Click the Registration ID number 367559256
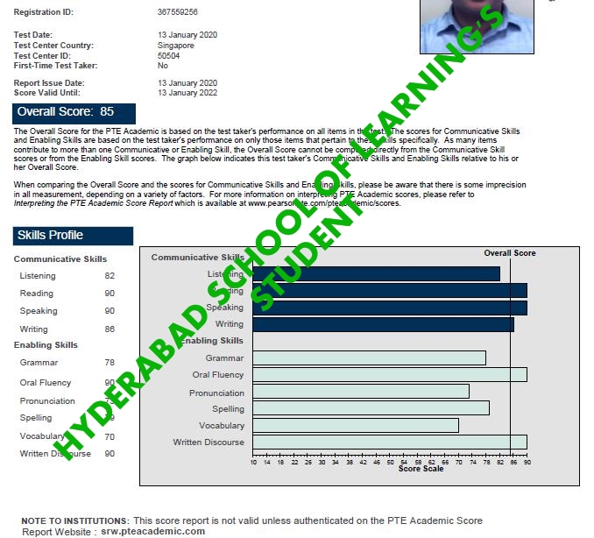177,12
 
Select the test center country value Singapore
176,46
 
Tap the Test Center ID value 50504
169,55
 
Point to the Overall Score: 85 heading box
75,112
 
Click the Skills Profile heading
74,236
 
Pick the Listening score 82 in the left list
110,276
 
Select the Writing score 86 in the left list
110,329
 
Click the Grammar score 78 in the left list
110,362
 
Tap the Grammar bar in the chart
369,357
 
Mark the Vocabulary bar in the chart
356,425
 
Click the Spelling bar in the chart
371,408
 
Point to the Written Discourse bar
390,442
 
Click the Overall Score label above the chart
510,253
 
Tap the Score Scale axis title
421,469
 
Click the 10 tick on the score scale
254,462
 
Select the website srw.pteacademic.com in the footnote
152,531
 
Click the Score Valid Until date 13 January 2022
187,92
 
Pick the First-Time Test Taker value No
163,66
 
